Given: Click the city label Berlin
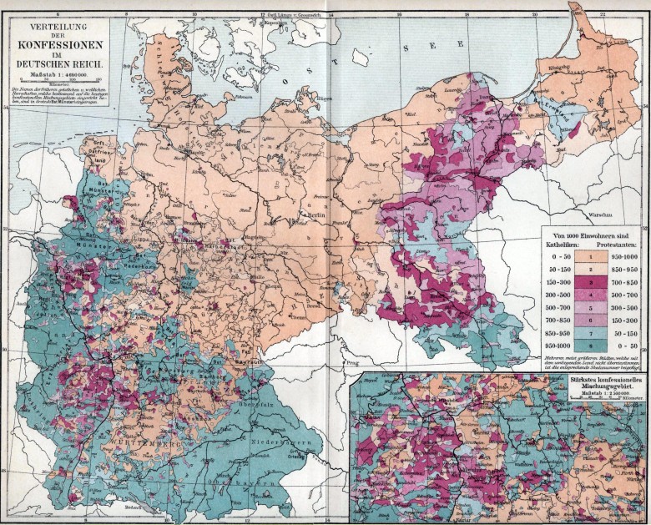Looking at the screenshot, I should [x=316, y=215].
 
